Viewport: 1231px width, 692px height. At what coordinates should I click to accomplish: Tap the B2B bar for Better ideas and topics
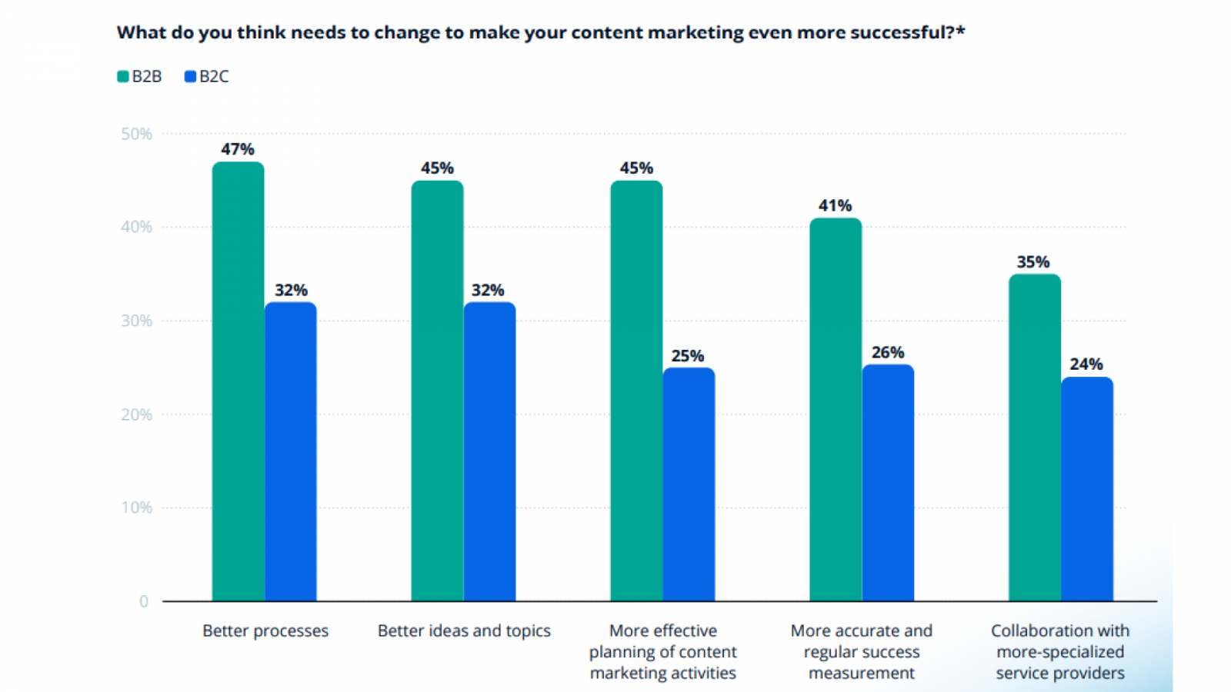pos(437,391)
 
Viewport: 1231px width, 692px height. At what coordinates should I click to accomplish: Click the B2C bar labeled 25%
pos(689,484)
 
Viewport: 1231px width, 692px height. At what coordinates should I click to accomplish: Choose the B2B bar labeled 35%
pos(1035,438)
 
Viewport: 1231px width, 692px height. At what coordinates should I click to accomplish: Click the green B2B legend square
pos(122,76)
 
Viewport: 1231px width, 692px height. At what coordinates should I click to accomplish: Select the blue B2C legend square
pos(190,76)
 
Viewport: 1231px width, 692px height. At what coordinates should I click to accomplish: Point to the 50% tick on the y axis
pos(137,134)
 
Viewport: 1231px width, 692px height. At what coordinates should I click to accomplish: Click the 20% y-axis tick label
pos(137,414)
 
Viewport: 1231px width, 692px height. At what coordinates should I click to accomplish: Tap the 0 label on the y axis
pos(144,601)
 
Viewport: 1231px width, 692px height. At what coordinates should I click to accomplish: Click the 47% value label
pos(238,149)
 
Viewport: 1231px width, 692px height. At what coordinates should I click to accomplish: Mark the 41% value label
pos(835,205)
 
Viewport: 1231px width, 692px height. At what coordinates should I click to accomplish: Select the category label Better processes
pos(265,630)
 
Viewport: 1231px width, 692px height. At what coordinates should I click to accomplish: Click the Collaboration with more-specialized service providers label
pos(1060,651)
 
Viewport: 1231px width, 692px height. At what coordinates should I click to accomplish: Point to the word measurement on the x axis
pos(862,673)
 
